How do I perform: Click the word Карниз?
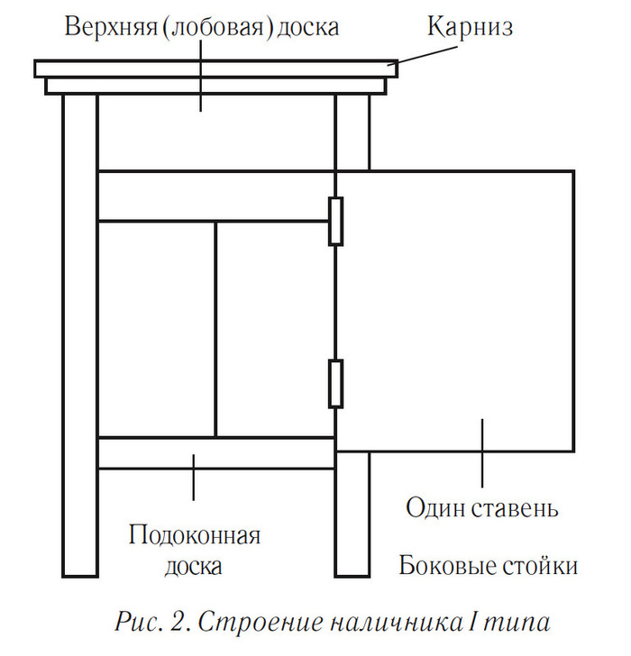470,27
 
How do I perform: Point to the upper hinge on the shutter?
335,221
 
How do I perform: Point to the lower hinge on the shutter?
335,383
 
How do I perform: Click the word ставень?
515,508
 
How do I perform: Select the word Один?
435,508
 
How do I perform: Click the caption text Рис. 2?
149,622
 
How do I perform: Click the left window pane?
156,329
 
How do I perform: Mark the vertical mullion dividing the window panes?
216,329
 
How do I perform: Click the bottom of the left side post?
79,563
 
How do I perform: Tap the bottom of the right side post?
352,563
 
